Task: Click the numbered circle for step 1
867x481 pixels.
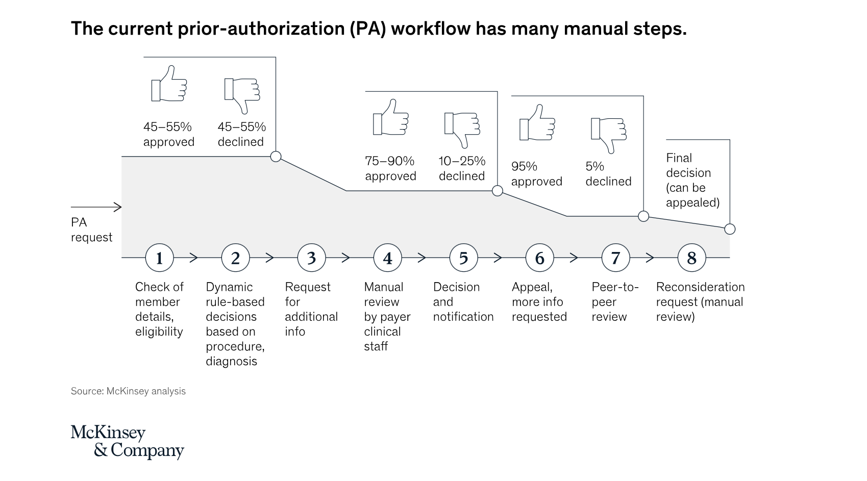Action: (159, 258)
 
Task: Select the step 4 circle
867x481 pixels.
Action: (387, 258)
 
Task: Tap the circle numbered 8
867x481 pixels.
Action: (691, 258)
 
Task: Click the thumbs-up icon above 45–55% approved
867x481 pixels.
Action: (169, 84)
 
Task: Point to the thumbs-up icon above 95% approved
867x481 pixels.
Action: (537, 123)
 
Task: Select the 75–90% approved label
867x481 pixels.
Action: (390, 169)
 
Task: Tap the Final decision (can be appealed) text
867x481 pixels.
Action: (692, 180)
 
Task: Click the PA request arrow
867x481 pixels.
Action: (96, 207)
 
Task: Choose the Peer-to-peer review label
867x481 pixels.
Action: (614, 301)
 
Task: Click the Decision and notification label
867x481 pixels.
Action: (463, 301)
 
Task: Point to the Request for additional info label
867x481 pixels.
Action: (311, 309)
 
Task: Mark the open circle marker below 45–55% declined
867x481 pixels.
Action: (276, 156)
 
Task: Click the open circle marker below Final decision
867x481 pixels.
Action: (730, 229)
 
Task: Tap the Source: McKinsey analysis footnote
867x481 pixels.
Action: (128, 391)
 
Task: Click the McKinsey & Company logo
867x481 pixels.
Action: (127, 441)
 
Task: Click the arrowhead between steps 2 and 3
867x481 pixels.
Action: (269, 258)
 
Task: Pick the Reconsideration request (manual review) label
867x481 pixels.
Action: (700, 301)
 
